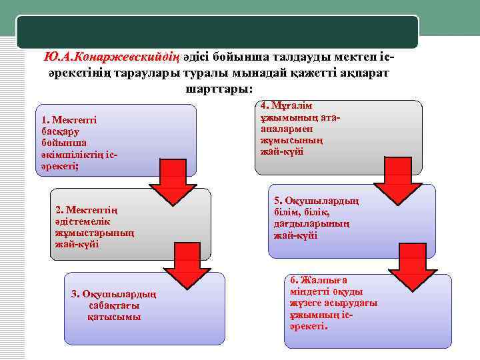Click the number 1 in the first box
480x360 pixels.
[x=43, y=121]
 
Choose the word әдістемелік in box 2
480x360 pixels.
[x=83, y=222]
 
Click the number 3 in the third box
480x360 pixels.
[x=74, y=294]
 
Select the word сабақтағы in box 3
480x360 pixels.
[x=113, y=305]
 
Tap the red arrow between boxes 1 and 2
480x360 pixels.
[x=173, y=183]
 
